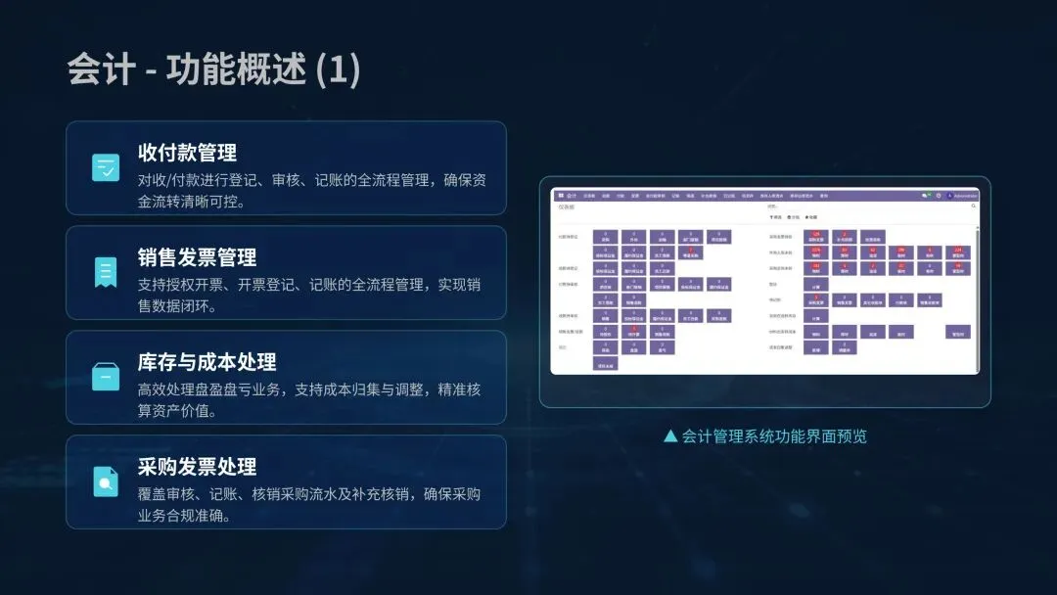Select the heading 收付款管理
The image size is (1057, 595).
187,153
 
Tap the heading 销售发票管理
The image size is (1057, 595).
197,257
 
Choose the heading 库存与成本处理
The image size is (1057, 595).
207,362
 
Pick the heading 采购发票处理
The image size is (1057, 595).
197,467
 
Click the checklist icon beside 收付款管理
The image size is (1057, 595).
106,167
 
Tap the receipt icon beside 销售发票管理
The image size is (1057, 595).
106,272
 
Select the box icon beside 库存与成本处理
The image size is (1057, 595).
106,377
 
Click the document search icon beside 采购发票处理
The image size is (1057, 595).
106,481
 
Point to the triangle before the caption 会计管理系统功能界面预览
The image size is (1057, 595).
670,436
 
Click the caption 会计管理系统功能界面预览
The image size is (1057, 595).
774,436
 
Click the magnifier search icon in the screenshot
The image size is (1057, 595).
974,206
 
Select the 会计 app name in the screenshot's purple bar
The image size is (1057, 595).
572,196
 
